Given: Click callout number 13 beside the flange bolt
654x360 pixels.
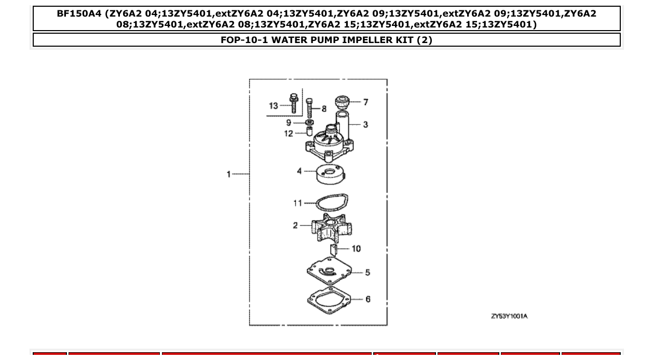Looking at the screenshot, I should [274, 106].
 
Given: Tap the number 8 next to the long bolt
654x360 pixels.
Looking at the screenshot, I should [324, 109].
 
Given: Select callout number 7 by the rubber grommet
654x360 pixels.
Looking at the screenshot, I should [365, 102].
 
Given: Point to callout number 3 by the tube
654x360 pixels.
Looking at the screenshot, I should [365, 124].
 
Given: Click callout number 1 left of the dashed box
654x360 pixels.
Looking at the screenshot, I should [228, 174].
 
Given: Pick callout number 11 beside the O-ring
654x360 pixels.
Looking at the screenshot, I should [297, 203].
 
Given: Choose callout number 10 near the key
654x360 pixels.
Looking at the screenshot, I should [356, 248].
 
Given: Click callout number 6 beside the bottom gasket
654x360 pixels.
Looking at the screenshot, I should [368, 299].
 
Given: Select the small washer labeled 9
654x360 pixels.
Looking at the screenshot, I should [309, 122].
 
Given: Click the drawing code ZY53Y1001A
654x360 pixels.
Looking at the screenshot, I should [509, 316].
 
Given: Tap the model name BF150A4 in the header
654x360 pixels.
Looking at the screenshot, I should [79, 14].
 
